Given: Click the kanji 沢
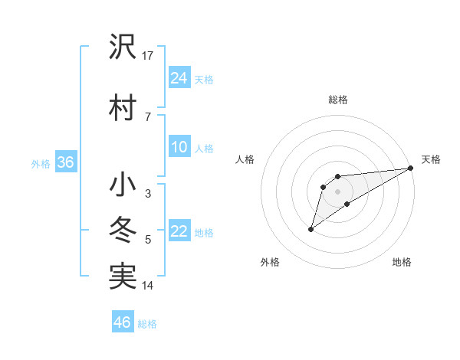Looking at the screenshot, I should [123, 47].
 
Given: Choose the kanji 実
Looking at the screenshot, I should [123, 276].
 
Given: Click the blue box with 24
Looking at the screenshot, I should [179, 77].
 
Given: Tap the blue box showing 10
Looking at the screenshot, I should [179, 147].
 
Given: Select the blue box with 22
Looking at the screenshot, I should [179, 232].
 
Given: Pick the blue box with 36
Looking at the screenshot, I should [65, 162].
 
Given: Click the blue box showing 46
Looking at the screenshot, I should [123, 322].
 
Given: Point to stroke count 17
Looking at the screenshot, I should [148, 55].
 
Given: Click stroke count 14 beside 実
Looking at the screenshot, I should [148, 286].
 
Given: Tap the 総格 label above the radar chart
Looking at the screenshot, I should [337, 100].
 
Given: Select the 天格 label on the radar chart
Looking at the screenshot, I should [431, 159].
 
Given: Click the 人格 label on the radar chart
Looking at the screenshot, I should [245, 159].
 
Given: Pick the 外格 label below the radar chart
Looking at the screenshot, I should [270, 263].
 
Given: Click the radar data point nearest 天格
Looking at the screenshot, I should [412, 168].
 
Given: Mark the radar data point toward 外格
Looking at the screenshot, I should [310, 229].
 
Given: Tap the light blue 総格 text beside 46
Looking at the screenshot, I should [147, 324].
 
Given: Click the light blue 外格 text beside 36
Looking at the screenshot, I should [41, 163].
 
